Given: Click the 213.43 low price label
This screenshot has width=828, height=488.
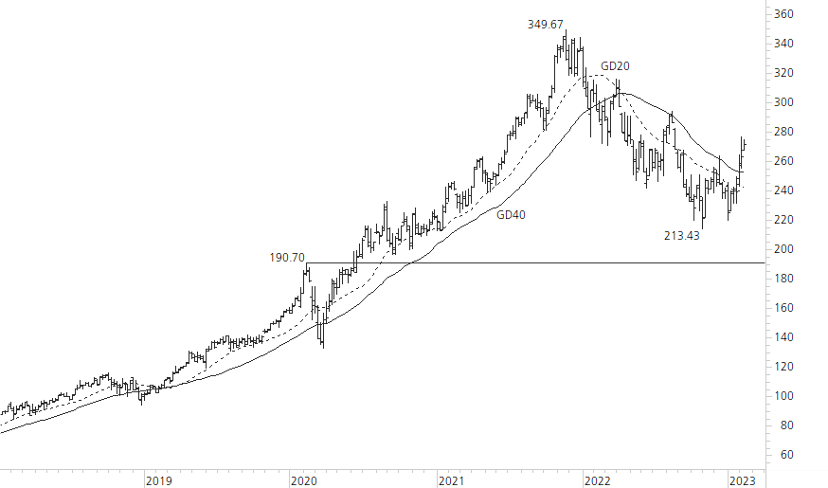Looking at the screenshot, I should click(681, 235).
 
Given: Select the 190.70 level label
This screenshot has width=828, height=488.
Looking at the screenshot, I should click(286, 257).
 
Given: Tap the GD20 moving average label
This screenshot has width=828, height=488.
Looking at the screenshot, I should click(615, 66).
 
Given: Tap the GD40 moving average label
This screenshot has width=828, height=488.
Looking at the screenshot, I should click(511, 215).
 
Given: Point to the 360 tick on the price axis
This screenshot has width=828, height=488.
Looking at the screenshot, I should click(783, 14).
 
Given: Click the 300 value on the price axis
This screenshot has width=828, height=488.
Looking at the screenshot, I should click(783, 102).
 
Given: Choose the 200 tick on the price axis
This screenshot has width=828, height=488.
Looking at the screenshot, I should click(783, 249).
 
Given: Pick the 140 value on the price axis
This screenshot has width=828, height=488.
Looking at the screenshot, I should click(783, 337).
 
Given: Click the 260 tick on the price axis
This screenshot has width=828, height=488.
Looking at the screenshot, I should click(783, 161).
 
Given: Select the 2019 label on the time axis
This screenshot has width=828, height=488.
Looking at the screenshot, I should click(158, 480).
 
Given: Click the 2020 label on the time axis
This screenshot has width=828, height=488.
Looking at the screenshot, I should click(304, 480).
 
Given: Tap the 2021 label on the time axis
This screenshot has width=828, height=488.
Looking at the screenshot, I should click(452, 480).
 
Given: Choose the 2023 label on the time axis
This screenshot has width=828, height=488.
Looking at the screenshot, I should click(743, 480).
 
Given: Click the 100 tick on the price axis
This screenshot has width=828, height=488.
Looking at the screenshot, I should click(783, 396).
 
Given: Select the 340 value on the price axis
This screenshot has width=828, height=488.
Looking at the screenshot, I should click(783, 44).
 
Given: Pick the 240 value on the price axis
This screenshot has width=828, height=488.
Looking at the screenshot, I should click(783, 190).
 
